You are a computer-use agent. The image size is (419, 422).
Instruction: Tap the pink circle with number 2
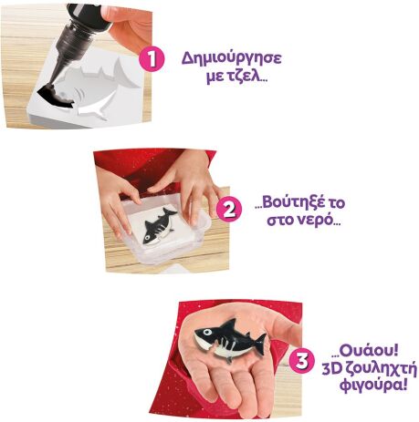pos(230,209)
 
